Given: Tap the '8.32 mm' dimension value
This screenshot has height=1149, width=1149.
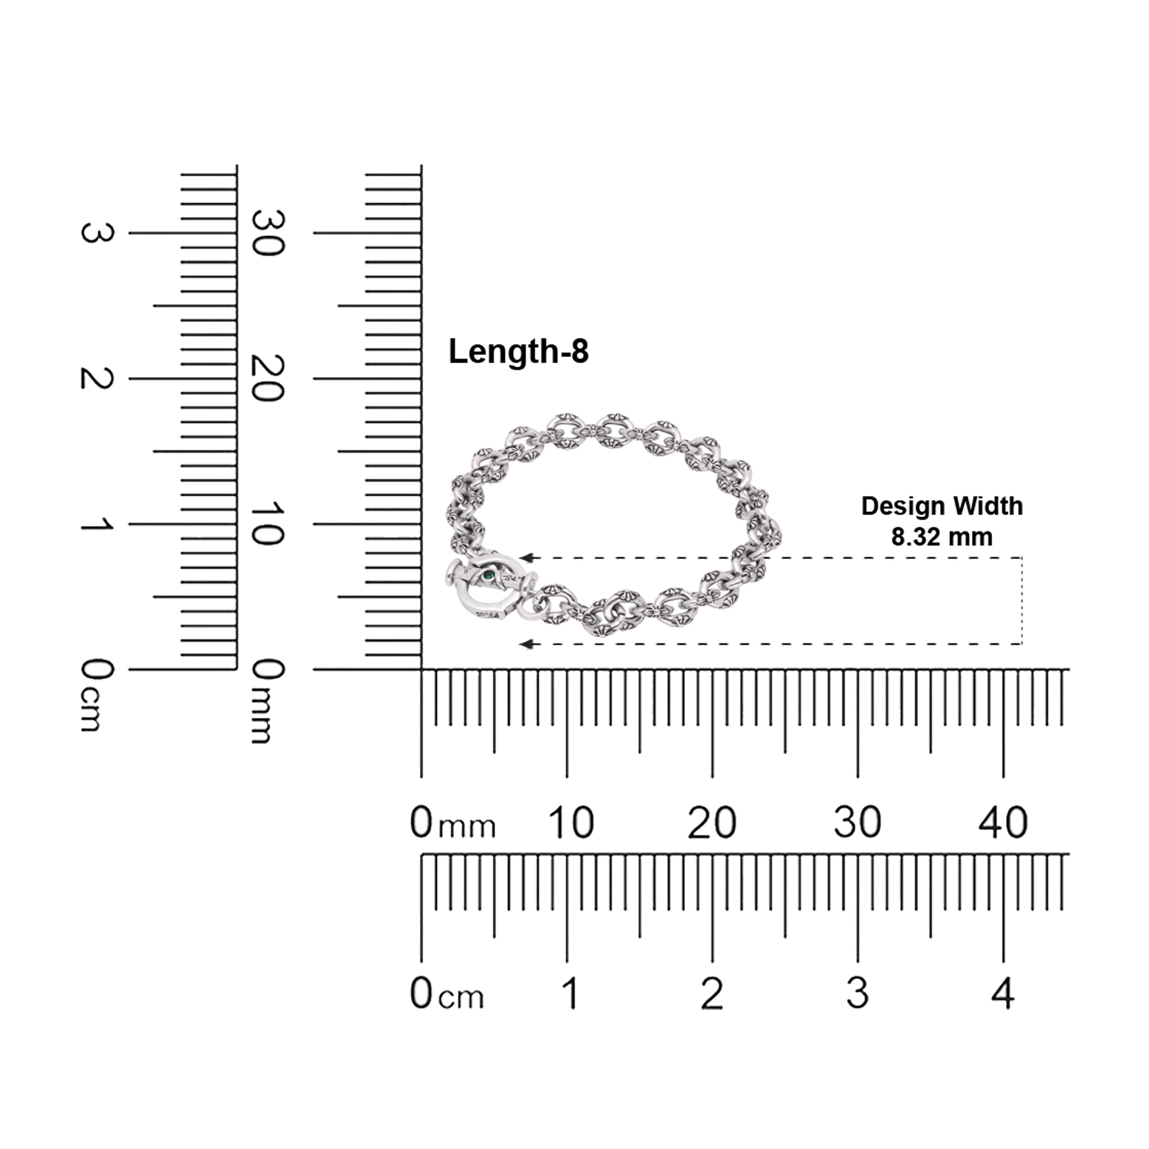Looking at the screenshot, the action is [x=941, y=537].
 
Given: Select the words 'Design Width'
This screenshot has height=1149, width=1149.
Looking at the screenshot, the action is [x=942, y=506].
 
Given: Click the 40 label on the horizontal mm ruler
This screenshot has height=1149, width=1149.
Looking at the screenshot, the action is [x=1003, y=823].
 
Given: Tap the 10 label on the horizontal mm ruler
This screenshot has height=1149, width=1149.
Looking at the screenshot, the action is [x=570, y=823].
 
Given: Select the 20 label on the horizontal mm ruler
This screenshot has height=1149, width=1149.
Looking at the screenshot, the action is [x=712, y=823].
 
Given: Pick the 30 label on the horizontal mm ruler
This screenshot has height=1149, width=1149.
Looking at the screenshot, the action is [x=857, y=823].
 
